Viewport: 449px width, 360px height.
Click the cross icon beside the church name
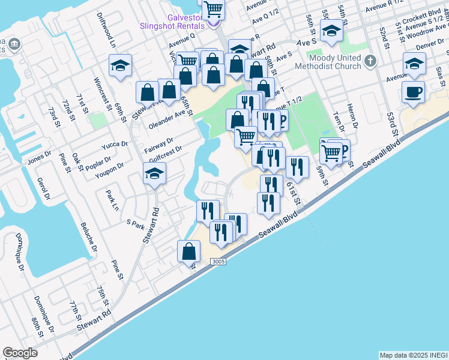point(370,61)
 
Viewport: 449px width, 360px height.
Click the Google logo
point(20,353)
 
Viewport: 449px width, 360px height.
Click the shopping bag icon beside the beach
point(188,251)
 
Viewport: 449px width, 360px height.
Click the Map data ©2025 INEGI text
point(414,355)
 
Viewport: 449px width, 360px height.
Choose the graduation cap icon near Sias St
point(414,63)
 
